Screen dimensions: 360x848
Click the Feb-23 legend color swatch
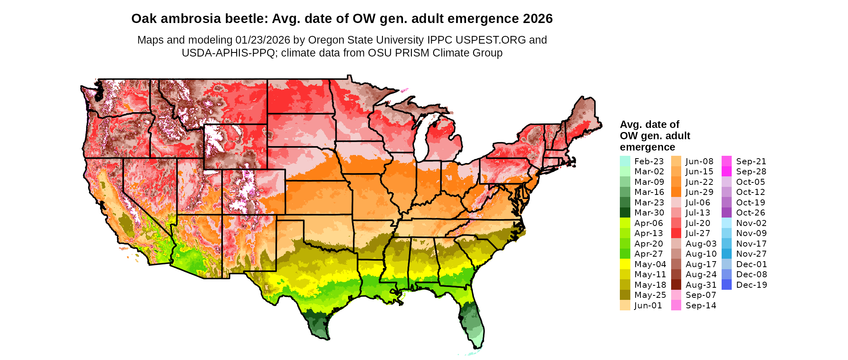tap(625, 161)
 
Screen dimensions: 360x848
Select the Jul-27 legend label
tap(698, 233)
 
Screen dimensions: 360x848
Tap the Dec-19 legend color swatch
tap(726, 285)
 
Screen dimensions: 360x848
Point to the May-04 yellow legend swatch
tap(625, 264)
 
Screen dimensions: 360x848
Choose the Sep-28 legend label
tap(751, 172)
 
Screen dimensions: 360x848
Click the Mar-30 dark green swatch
tap(625, 213)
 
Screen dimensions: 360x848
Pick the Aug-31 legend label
tap(701, 285)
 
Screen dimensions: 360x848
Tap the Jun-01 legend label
tap(648, 306)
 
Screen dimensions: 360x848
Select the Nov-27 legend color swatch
tap(726, 254)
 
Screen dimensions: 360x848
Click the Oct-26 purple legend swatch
tap(726, 213)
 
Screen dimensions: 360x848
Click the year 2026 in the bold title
tap(537, 19)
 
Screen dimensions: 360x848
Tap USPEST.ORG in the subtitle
tap(491, 40)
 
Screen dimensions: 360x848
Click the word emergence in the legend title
tap(647, 147)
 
